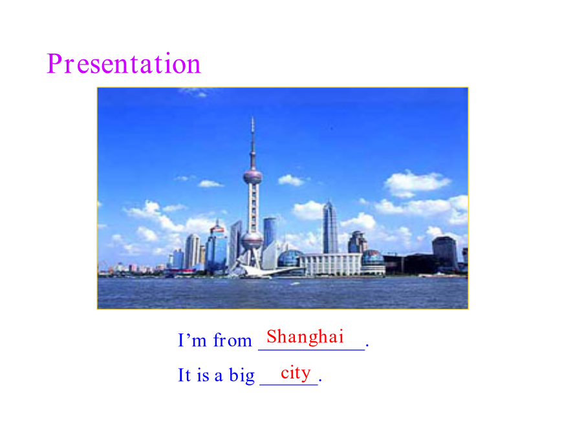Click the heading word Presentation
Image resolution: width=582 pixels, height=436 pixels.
coord(124,64)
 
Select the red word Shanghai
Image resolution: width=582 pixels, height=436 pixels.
coord(305,337)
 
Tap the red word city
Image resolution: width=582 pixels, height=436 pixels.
coord(296,373)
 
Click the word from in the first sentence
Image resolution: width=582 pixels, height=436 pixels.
coord(232,340)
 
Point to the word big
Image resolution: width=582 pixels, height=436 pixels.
coord(242,375)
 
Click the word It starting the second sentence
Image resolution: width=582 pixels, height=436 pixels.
coord(184,375)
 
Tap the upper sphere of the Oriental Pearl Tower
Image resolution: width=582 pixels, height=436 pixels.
coord(253,177)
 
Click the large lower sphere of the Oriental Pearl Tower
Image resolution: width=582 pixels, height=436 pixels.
coord(252,240)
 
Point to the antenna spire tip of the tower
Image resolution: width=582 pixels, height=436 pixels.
coord(253,118)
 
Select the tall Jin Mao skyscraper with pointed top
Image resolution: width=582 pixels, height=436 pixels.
coord(330,228)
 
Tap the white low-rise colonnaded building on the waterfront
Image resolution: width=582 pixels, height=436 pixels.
coord(330,265)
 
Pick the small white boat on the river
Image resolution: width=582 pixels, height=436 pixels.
coord(295,284)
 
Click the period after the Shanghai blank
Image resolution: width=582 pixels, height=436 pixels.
coord(367,346)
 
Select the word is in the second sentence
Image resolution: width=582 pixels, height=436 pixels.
coord(203,376)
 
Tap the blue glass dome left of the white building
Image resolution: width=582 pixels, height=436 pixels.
coord(290,258)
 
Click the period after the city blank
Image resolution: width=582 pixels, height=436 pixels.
coord(320,380)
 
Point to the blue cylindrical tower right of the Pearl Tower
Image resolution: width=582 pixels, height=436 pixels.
coord(270,233)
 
